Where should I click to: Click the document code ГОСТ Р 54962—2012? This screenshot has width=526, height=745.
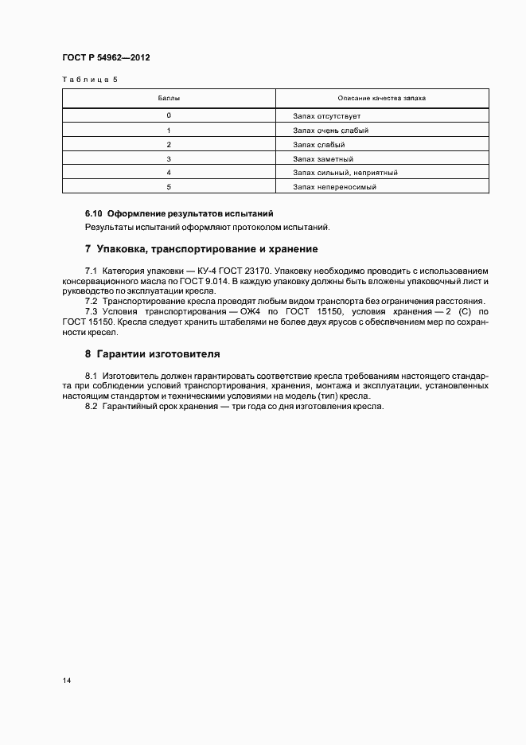coord(106,58)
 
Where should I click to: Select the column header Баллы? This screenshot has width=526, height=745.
coord(169,98)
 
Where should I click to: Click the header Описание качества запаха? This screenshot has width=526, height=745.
coord(381,98)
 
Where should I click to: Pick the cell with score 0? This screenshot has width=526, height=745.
coord(169,116)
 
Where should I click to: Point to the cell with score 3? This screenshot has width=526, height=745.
coord(169,158)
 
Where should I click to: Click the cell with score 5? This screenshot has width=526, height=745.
coord(169,187)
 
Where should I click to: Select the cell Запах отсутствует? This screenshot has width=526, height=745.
coord(326,116)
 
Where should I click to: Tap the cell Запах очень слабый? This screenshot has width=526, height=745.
coord(330,131)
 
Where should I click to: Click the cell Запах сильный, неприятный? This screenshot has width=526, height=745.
coord(345,173)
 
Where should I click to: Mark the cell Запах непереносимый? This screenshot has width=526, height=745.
coord(333,187)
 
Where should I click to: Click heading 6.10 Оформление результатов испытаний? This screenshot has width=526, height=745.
coord(179,214)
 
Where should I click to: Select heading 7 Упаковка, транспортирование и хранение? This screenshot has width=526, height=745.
coord(201,248)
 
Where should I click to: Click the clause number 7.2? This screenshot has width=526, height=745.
coord(91,302)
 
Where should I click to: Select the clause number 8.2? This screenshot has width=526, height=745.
coord(91,407)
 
